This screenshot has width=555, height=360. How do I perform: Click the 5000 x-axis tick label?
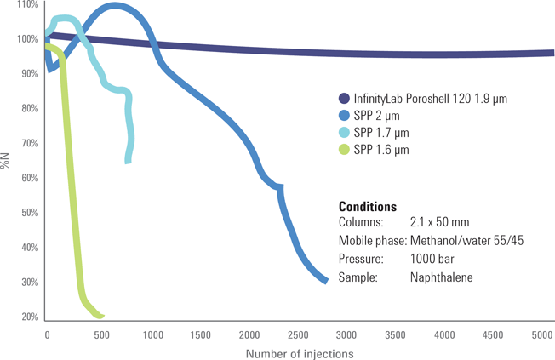(x=542, y=334)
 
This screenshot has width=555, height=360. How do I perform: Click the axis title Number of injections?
(x=299, y=352)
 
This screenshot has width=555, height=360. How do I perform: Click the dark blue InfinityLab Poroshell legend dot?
(x=344, y=99)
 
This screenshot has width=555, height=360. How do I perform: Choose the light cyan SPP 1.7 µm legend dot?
(x=344, y=133)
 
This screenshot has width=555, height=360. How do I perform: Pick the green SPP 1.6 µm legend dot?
(x=344, y=150)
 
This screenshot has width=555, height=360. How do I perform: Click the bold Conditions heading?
(x=367, y=207)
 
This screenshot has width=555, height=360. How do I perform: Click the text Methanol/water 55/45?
(x=466, y=241)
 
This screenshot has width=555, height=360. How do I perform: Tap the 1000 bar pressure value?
(x=433, y=259)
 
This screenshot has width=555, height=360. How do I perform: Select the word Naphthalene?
(x=441, y=277)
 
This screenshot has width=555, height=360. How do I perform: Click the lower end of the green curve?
(x=101, y=316)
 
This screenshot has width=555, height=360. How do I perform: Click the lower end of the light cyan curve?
(x=128, y=160)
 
